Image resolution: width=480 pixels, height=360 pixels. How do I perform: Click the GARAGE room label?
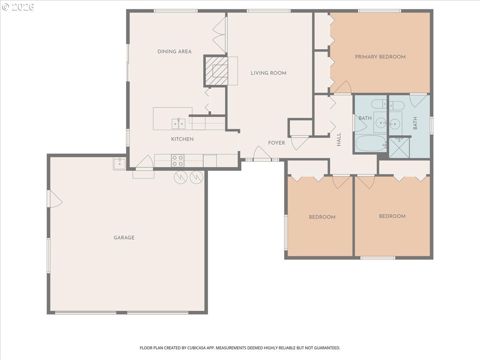click(124, 238)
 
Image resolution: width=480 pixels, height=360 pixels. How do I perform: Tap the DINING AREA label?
click(174, 52)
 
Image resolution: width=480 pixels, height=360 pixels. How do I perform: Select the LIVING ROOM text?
click(268, 73)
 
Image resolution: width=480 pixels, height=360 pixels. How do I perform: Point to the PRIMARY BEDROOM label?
click(380, 57)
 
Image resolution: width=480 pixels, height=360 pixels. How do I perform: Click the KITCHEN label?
click(182, 139)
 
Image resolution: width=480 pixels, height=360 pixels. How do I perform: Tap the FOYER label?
click(277, 143)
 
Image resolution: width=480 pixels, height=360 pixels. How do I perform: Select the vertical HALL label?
click(339, 140)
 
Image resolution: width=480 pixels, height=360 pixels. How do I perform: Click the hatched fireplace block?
click(216, 71)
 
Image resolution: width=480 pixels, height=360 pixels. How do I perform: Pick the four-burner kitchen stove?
click(178, 161)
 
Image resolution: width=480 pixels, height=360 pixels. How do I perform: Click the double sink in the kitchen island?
click(178, 124)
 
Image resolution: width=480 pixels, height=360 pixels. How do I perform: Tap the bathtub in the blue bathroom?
click(371, 143)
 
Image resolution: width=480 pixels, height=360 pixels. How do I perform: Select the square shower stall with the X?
click(399, 148)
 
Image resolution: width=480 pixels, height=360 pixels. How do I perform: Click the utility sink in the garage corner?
click(119, 164)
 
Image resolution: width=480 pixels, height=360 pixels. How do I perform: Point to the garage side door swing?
click(55, 199)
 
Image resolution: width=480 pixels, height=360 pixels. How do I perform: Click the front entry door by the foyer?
click(262, 154)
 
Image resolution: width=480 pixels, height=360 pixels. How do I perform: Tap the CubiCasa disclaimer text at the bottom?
click(240, 348)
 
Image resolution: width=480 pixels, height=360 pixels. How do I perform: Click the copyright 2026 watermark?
click(18, 7)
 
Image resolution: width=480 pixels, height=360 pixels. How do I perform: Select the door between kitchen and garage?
click(144, 162)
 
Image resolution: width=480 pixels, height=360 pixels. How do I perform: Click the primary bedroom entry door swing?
click(343, 88)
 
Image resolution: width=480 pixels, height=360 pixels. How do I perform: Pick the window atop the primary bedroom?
click(380, 11)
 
